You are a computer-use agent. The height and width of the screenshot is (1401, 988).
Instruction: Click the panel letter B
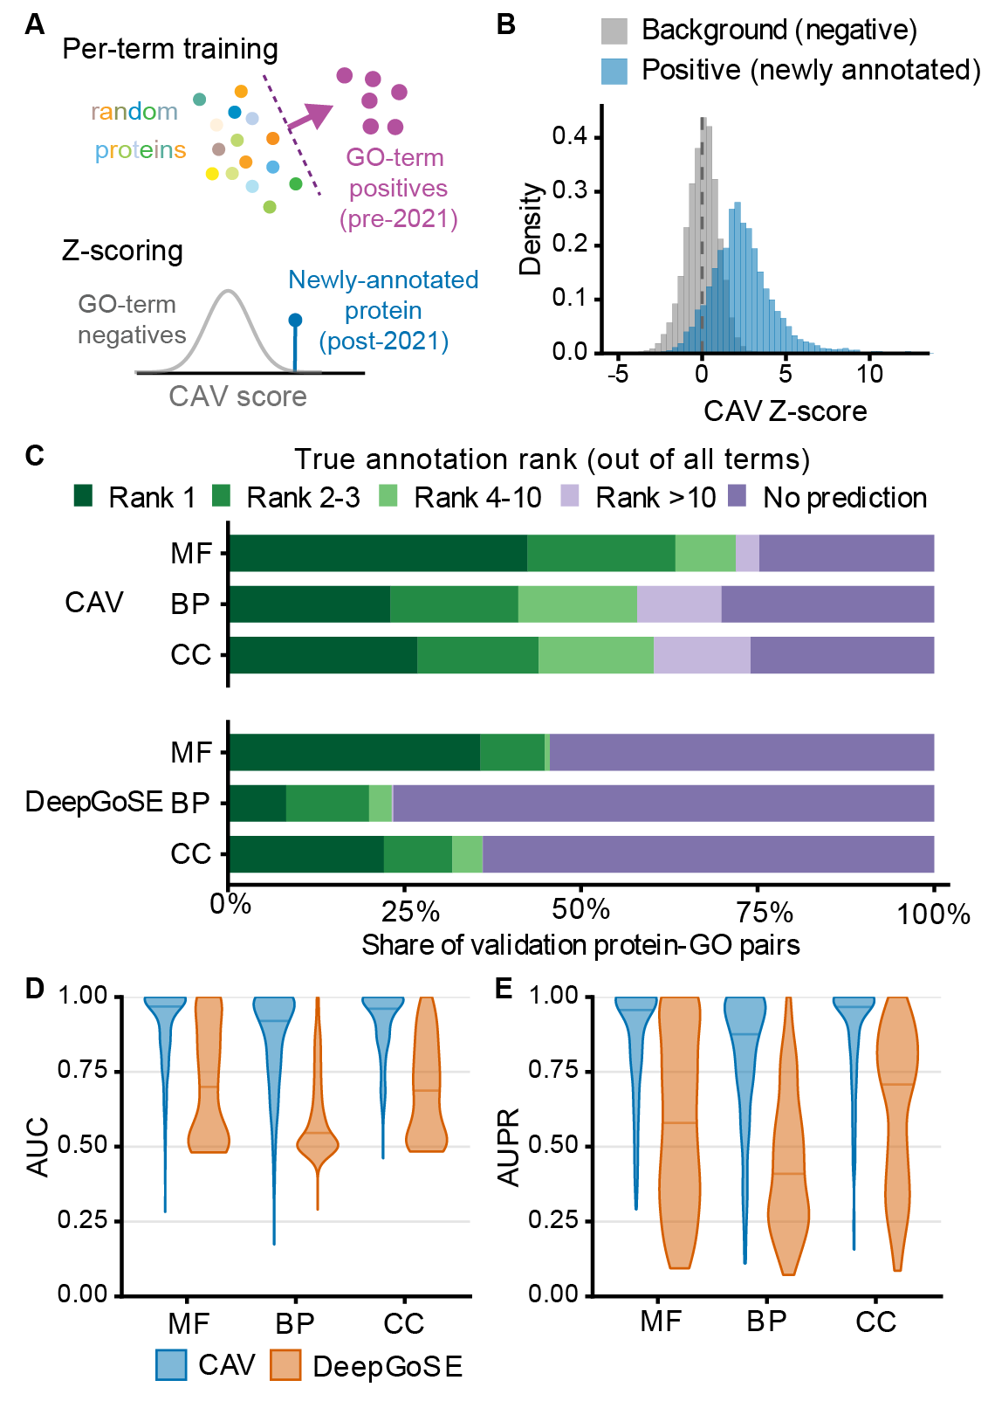(505, 24)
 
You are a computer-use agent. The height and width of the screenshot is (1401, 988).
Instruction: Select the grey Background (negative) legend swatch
(614, 31)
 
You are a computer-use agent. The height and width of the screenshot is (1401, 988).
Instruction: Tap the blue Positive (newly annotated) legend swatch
(614, 72)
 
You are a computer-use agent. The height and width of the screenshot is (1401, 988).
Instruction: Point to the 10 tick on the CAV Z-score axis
(868, 374)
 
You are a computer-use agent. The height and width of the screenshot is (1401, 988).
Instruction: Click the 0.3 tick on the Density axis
(569, 190)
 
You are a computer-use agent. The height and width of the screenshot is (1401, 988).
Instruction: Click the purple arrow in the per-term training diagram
(310, 117)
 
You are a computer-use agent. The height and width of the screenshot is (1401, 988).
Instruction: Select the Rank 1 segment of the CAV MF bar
(378, 553)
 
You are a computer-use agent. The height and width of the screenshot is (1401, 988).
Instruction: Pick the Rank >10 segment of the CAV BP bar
(679, 604)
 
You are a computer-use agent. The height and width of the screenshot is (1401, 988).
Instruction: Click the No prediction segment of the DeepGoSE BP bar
(663, 803)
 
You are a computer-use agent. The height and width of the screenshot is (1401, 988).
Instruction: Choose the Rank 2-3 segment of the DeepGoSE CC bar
(417, 853)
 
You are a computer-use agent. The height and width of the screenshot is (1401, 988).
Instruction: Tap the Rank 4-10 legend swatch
(388, 497)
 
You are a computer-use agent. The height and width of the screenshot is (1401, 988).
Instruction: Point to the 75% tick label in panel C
(765, 914)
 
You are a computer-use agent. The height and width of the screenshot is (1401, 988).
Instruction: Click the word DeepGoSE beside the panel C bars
(93, 802)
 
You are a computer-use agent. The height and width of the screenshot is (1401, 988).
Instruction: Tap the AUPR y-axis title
(509, 1147)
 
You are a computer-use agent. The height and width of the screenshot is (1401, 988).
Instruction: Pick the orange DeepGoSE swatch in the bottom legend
(285, 1364)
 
